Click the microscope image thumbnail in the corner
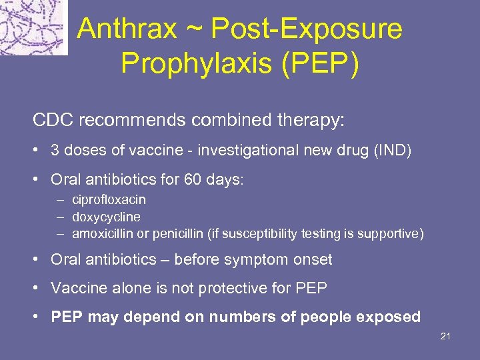33,27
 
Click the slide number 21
445,336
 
